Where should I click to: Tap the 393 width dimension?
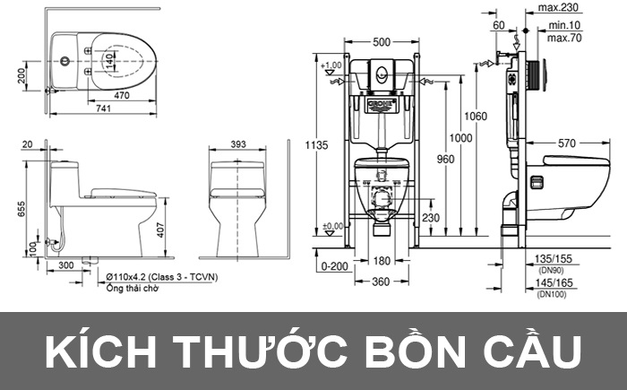coord(238,143)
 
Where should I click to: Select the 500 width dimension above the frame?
coord(382,42)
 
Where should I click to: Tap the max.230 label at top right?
coord(554,8)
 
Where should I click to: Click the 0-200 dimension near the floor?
coord(332,266)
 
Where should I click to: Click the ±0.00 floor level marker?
coord(332,226)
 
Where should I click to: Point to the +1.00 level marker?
coord(332,65)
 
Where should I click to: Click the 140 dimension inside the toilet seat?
coord(109,59)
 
